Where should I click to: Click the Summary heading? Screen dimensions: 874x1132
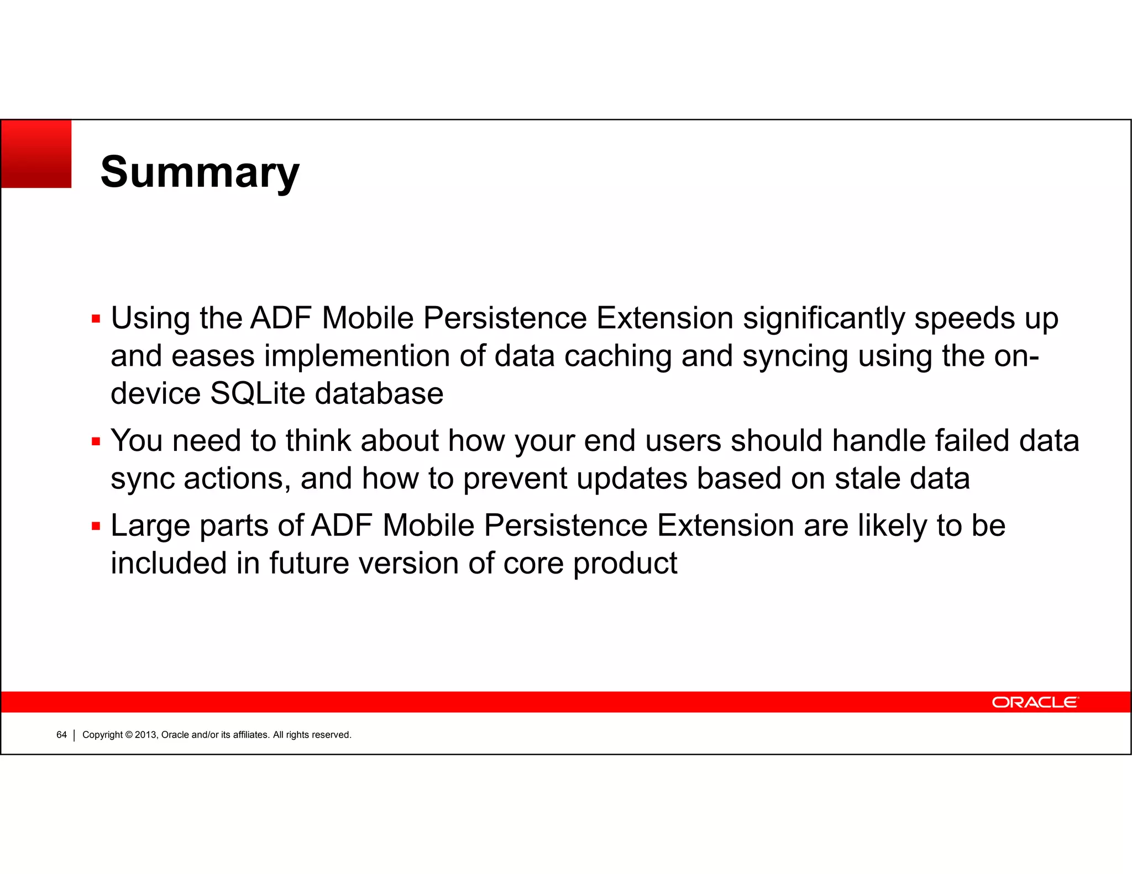200,172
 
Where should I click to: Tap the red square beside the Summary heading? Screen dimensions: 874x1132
36,154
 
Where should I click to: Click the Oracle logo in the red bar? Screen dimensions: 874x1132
1035,702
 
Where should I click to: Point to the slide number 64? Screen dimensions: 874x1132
61,735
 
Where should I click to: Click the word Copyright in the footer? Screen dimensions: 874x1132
102,735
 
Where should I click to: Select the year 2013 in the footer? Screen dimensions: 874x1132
146,735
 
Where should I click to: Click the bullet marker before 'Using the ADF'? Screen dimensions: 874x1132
96,319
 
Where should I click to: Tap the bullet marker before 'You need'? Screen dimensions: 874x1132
96,441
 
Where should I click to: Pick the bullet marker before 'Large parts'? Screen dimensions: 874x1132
96,526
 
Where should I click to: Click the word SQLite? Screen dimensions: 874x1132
258,393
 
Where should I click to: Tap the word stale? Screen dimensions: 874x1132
867,478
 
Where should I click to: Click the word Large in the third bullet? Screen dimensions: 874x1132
150,526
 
